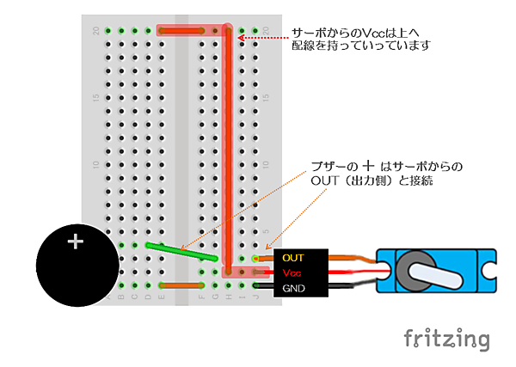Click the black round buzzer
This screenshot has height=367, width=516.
pyautogui.click(x=76, y=266)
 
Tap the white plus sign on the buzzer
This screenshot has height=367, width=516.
pyautogui.click(x=76, y=242)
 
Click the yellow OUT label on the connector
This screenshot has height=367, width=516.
pyautogui.click(x=293, y=257)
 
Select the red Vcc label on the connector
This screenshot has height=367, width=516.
pyautogui.click(x=291, y=272)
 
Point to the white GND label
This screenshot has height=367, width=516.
pyautogui.click(x=293, y=287)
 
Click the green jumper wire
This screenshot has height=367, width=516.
pyautogui.click(x=181, y=251)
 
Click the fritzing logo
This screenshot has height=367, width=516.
pyautogui.click(x=446, y=338)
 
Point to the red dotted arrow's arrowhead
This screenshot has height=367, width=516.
pyautogui.click(x=242, y=38)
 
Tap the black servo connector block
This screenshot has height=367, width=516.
pyautogui.click(x=300, y=272)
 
